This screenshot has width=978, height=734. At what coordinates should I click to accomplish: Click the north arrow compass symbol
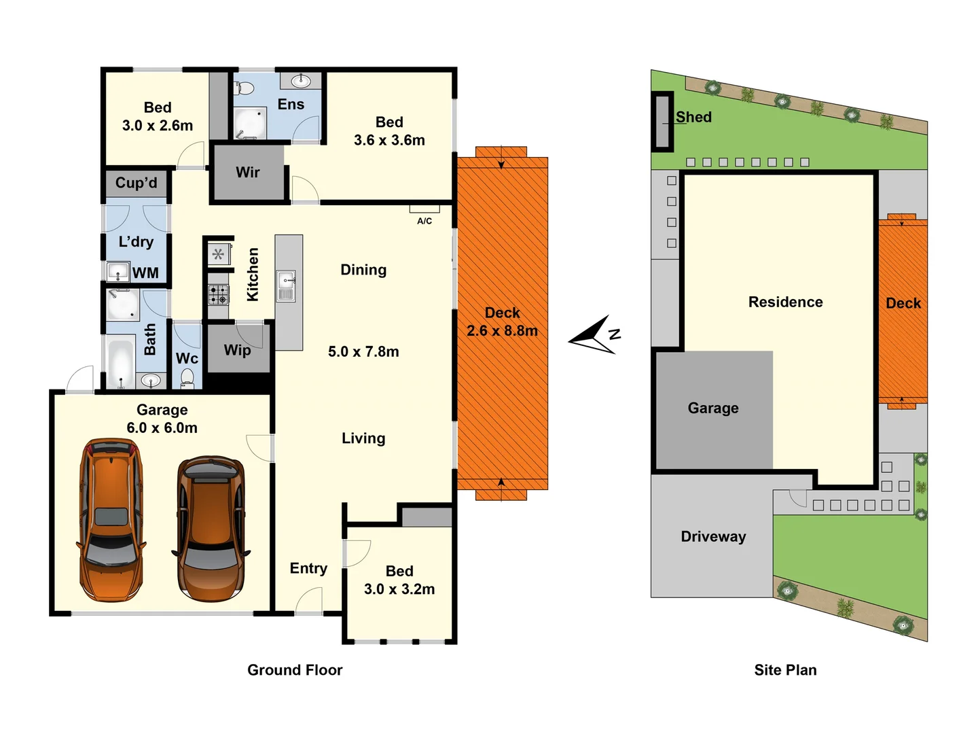tap(595, 335)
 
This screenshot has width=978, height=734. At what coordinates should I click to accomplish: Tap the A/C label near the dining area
tap(424, 221)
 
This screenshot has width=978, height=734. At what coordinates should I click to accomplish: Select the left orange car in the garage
tap(111, 520)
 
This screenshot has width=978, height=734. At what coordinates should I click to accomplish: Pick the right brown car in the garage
tap(211, 529)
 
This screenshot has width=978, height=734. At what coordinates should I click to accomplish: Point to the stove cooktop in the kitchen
tap(218, 294)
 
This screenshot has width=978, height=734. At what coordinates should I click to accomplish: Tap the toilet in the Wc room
tap(187, 379)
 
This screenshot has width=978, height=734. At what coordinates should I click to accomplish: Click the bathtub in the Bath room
tap(121, 364)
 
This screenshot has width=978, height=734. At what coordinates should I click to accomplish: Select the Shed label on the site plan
tap(693, 117)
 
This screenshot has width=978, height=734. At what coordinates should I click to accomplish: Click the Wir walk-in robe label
tap(248, 173)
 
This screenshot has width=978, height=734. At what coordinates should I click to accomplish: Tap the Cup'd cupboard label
tap(136, 183)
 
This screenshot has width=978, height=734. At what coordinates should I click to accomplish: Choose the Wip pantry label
tap(237, 350)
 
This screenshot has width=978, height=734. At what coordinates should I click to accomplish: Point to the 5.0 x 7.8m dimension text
tap(363, 351)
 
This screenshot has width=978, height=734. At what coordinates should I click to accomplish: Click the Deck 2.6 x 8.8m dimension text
tap(502, 331)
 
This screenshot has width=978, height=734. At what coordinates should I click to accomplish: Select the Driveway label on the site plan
tap(713, 536)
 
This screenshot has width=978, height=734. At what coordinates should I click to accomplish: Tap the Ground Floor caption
tap(295, 670)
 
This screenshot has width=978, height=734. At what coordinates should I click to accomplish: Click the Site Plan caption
tap(785, 670)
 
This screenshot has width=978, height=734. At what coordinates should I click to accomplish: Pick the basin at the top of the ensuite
tap(301, 82)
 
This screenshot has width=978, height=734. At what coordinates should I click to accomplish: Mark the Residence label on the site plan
tap(785, 302)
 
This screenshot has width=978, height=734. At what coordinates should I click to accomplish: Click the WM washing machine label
tap(145, 273)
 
